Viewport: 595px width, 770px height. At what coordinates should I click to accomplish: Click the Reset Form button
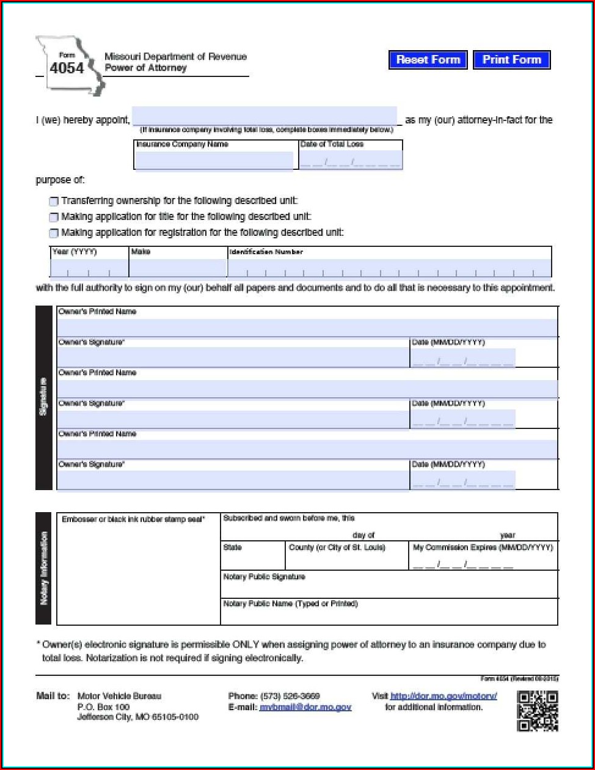[428, 60]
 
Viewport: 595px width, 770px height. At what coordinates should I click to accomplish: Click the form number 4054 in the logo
[67, 68]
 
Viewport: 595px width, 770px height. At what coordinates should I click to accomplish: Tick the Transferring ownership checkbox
[54, 201]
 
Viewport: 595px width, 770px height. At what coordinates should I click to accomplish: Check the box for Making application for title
[54, 217]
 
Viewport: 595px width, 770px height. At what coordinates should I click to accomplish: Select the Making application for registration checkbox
[54, 233]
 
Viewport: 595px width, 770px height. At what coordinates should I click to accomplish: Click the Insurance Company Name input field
[214, 161]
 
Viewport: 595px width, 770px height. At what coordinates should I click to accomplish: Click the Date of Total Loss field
[351, 161]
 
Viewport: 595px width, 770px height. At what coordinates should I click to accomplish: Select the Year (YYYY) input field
[89, 268]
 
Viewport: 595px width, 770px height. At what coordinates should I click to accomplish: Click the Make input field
[178, 268]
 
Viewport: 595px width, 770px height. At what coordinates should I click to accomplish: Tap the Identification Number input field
[389, 268]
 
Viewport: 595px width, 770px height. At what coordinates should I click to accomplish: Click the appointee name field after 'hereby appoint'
[265, 116]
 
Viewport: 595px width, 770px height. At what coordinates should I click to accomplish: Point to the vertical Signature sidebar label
[44, 397]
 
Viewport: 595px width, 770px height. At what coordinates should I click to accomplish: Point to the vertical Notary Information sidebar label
[44, 568]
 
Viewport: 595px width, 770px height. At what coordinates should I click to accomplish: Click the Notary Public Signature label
[264, 577]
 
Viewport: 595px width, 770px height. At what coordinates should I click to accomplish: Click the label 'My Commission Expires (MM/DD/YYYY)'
[483, 548]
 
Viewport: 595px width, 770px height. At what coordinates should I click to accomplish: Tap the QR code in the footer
[538, 711]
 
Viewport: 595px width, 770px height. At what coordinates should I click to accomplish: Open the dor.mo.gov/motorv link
[444, 696]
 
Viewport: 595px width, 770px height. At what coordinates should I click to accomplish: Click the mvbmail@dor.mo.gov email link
[305, 707]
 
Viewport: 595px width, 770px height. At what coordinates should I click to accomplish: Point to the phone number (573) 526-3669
[290, 696]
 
